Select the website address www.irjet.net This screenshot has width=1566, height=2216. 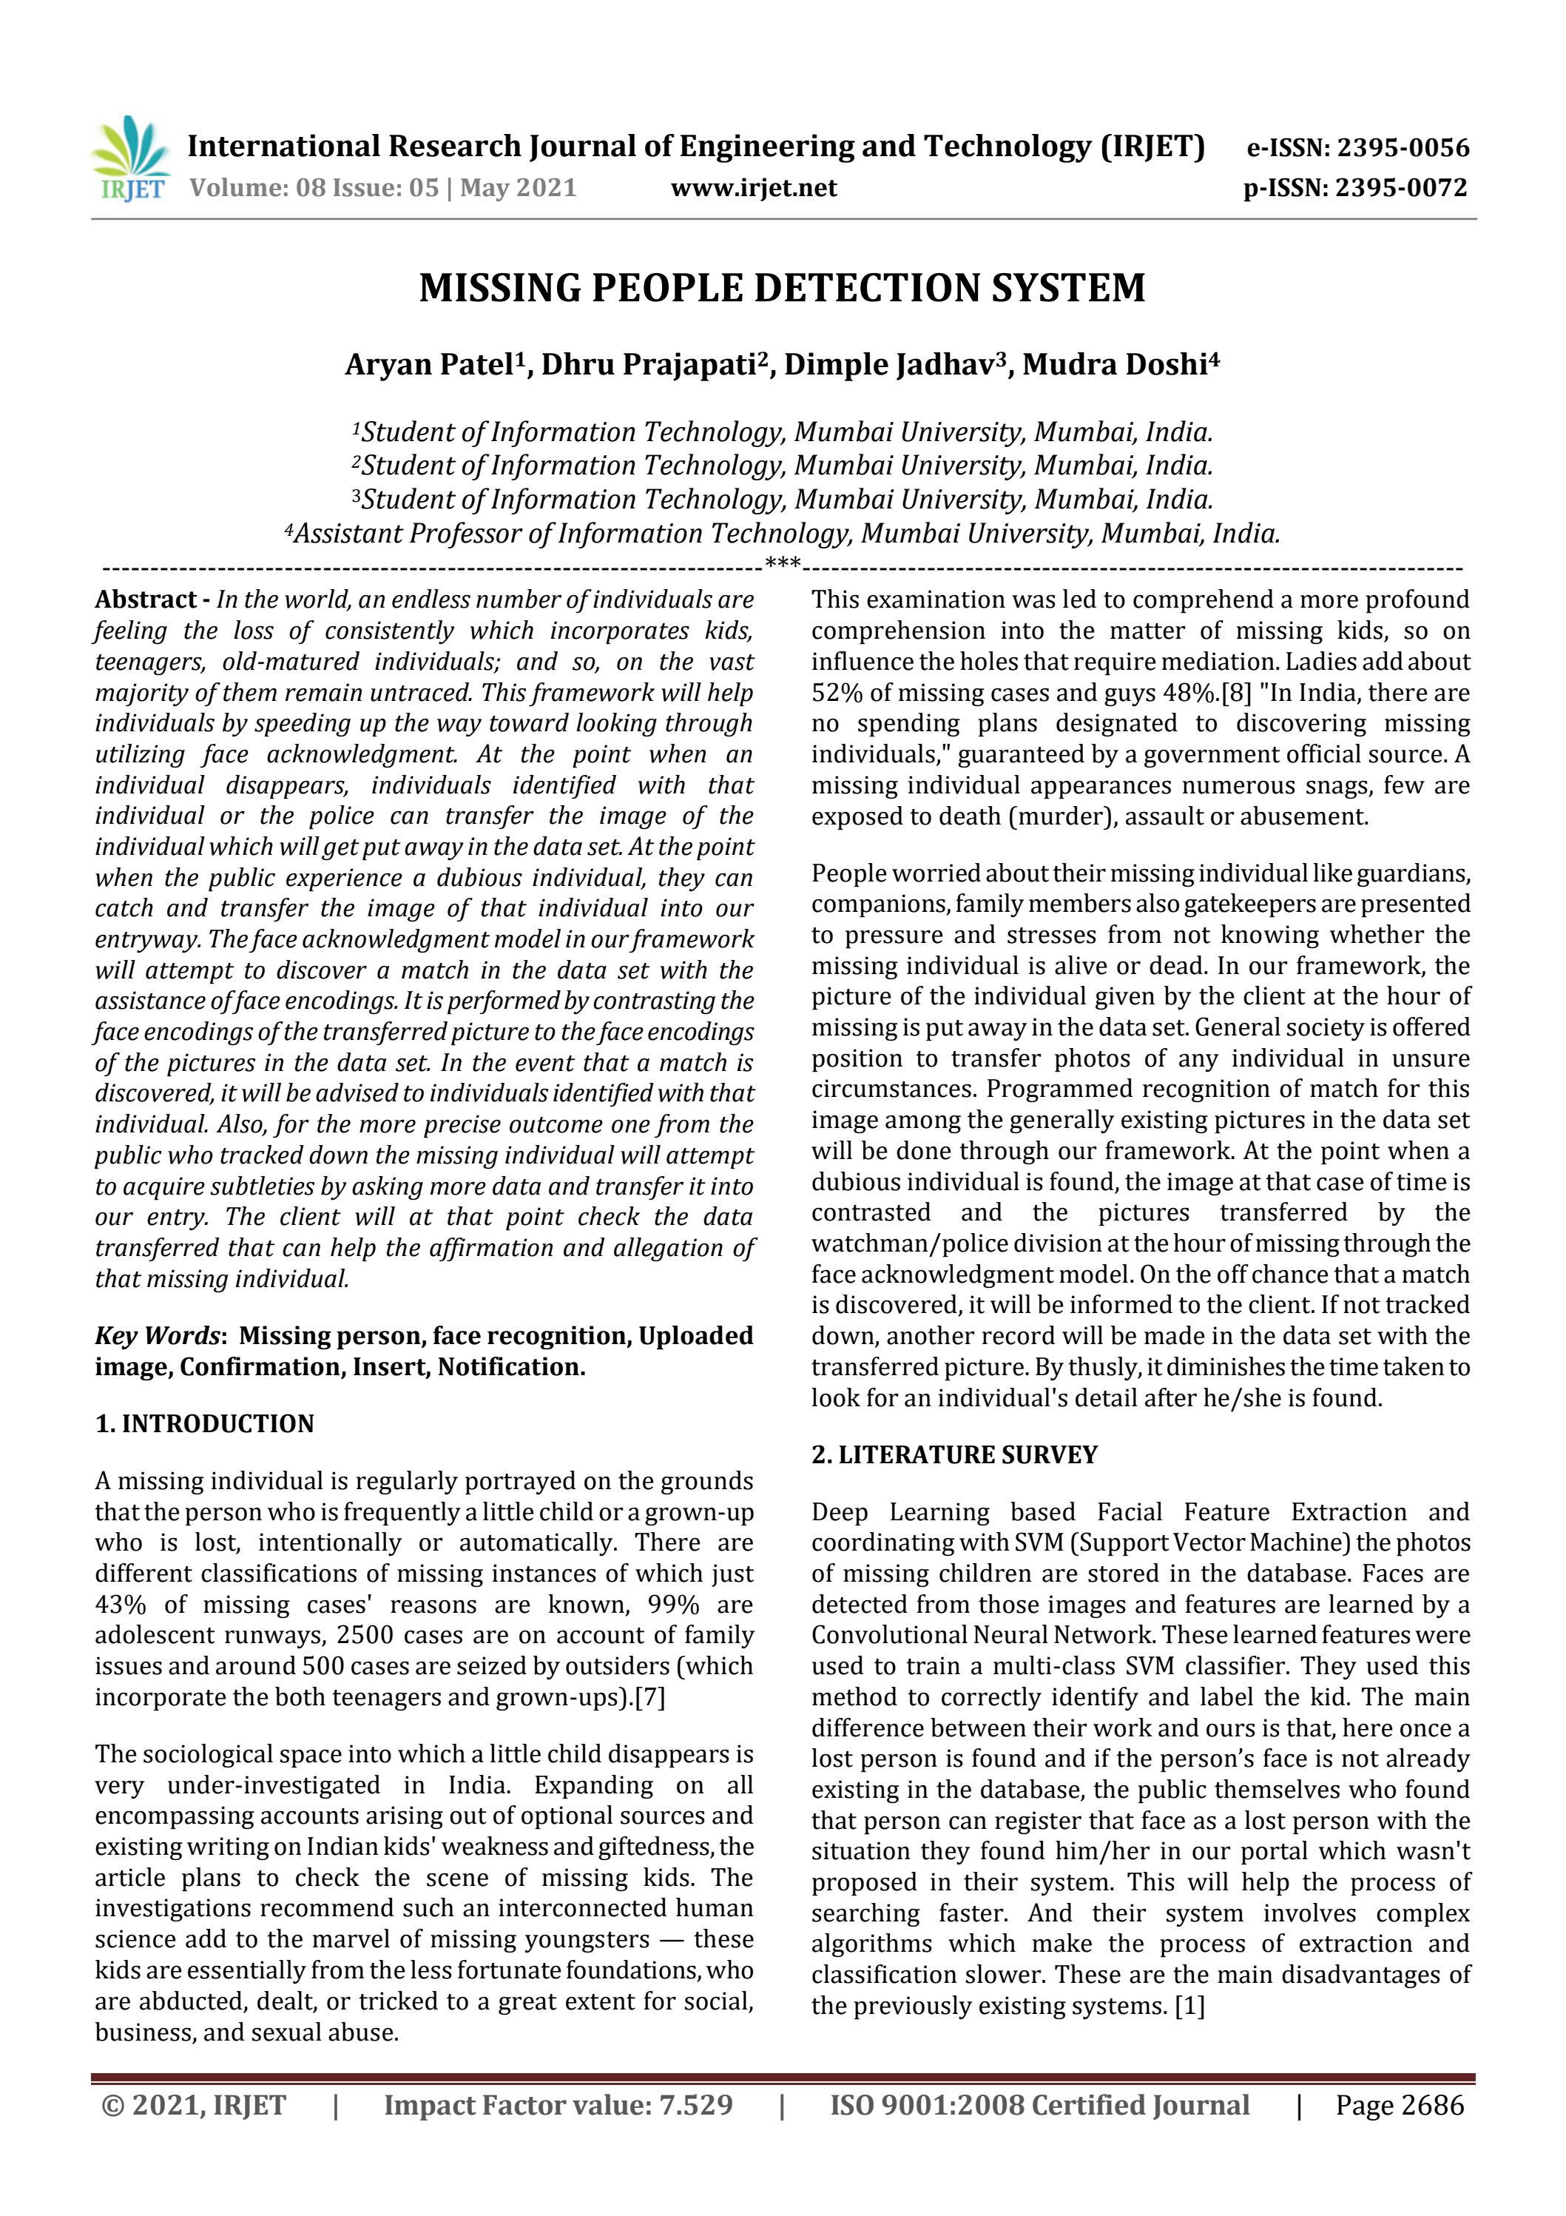754,187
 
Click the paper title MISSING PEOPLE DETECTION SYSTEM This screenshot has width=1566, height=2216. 782,289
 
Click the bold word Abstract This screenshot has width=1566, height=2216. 146,600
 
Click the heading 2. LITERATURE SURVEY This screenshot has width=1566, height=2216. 954,1454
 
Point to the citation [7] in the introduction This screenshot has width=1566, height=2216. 649,1696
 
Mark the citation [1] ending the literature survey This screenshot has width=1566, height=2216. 1189,2006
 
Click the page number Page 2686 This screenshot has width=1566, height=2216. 1399,2105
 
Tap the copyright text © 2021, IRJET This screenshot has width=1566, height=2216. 193,2105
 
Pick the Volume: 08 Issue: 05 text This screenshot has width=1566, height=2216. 314,187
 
